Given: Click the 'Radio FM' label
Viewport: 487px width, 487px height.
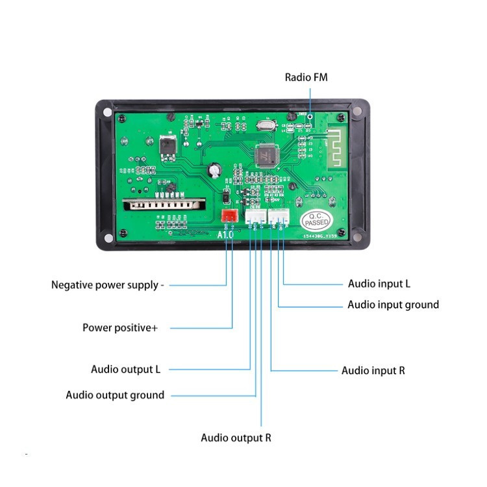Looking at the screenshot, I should [306, 77].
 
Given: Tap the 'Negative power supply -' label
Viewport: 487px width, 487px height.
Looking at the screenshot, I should [108, 284].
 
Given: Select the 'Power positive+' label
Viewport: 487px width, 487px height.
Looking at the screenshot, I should [120, 327].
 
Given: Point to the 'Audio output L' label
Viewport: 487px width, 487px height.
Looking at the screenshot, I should [125, 369].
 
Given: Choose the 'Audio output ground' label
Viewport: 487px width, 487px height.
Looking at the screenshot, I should [115, 395].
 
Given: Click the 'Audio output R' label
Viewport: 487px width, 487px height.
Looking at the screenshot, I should [236, 437].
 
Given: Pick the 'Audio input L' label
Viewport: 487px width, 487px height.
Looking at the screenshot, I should [379, 283].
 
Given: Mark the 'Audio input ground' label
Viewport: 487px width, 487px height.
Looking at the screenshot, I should [393, 305].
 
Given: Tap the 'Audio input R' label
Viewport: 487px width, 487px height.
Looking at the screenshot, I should [373, 370].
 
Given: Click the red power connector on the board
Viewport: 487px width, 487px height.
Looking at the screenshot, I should [229, 216].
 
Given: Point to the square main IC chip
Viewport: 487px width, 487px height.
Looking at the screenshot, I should [267, 156].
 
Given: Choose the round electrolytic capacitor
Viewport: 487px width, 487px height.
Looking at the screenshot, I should [215, 170].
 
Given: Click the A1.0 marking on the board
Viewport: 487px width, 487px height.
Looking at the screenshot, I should [224, 235].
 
